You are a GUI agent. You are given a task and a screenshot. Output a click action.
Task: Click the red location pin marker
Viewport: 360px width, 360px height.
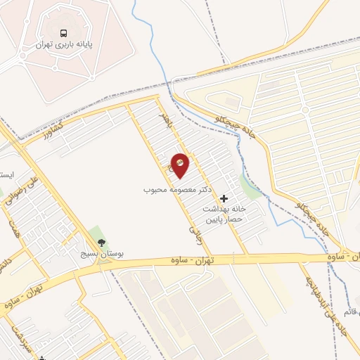(180, 165)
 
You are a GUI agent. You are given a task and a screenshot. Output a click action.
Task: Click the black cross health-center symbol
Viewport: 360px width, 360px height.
(224, 199)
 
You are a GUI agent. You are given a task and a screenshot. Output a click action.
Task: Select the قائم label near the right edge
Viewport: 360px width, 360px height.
(352, 310)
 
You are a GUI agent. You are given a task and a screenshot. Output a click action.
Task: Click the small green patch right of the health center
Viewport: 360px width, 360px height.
(249, 186)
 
